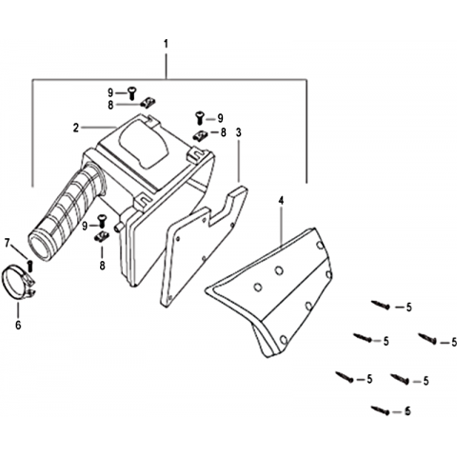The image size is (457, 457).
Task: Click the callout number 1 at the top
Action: point(166,44)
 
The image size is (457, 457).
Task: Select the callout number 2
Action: point(76,128)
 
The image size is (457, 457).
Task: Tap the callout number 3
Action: point(238,132)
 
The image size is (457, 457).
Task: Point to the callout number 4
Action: point(281,201)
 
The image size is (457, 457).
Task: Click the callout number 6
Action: point(18,325)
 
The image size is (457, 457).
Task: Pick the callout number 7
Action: point(8,244)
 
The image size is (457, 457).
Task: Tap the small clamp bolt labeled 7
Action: point(30,266)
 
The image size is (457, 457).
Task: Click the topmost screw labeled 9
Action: point(131,93)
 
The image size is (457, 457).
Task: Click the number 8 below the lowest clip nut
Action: point(102,266)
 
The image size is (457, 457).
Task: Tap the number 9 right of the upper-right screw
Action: point(220,118)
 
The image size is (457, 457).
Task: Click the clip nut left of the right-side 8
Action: point(200,135)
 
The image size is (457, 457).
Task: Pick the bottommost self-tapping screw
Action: point(381,410)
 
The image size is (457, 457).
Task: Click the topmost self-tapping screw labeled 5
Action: point(381,306)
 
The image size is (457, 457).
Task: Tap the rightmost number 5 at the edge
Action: point(453,343)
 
